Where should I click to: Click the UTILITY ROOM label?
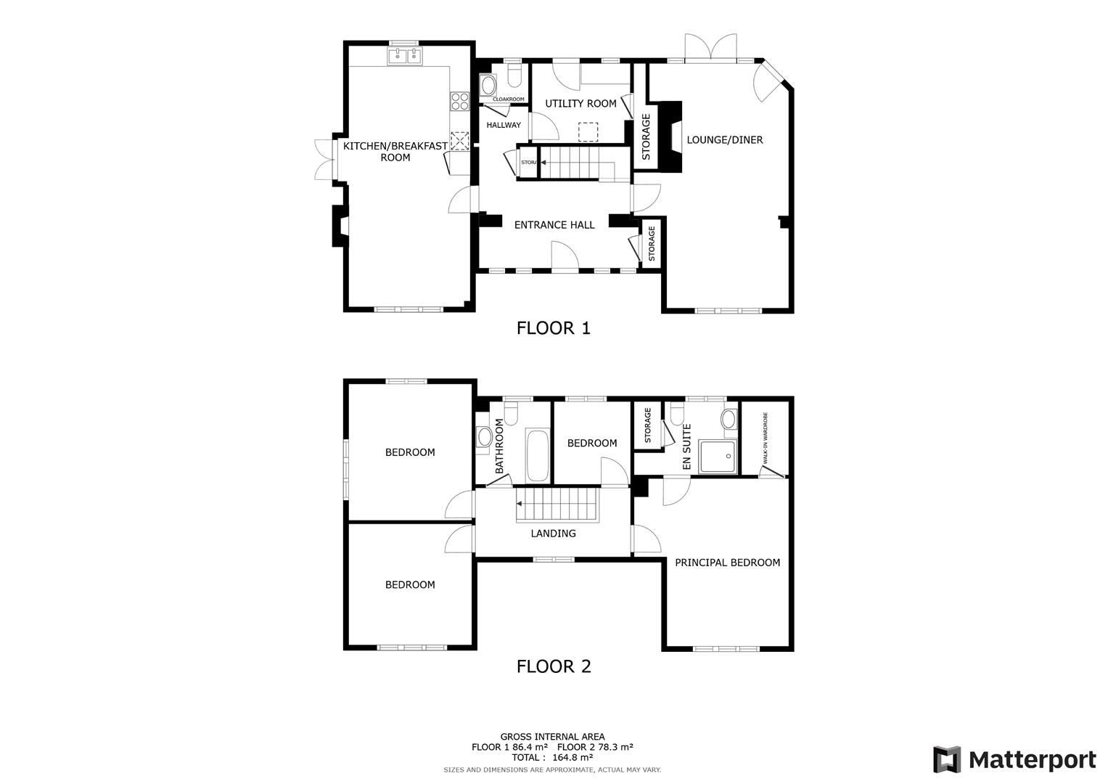point(580,104)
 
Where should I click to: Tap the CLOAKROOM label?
point(509,99)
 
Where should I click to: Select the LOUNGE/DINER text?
point(724,140)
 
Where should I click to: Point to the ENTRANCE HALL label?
point(554,225)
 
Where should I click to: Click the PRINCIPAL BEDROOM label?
point(727,563)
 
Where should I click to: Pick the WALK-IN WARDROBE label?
point(765,438)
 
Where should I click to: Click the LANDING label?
point(553,534)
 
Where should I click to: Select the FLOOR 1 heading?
point(553,328)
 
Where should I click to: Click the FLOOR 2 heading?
point(553,666)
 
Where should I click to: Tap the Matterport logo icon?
point(947,759)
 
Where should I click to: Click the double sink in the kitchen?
point(405,56)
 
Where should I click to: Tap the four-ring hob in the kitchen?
point(459,101)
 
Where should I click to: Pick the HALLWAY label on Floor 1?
point(504,126)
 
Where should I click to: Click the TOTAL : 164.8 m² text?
point(551,756)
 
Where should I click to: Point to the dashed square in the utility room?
point(587,132)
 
